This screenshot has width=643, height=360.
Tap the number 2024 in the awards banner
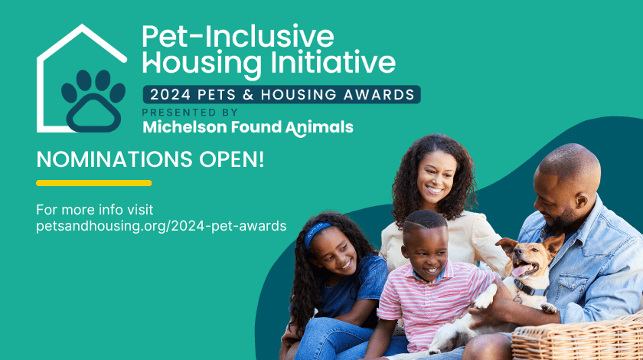[x=171, y=95]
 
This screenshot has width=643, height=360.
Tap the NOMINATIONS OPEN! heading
[x=150, y=160]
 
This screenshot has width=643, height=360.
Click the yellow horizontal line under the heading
[x=93, y=183]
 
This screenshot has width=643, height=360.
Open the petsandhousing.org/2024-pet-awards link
[x=161, y=226]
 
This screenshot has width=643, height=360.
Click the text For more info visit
[x=95, y=210]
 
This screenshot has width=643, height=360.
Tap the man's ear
[x=579, y=200]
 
